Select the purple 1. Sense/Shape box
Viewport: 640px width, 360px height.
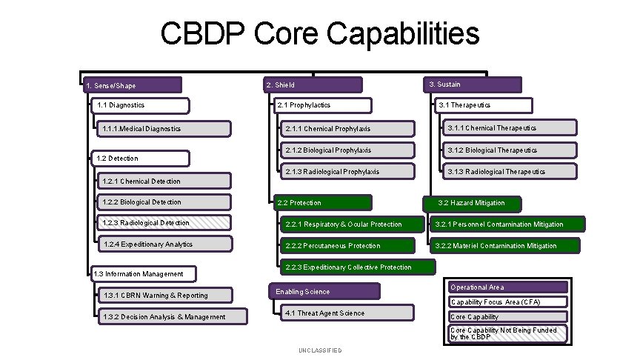(x=131, y=85)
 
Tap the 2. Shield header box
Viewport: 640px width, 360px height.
(x=313, y=85)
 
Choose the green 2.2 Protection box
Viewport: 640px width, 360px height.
(x=320, y=202)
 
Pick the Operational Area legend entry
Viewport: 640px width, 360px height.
(x=508, y=287)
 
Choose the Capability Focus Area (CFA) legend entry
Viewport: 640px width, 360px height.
(x=508, y=302)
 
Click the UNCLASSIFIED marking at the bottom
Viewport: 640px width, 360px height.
(x=320, y=350)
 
